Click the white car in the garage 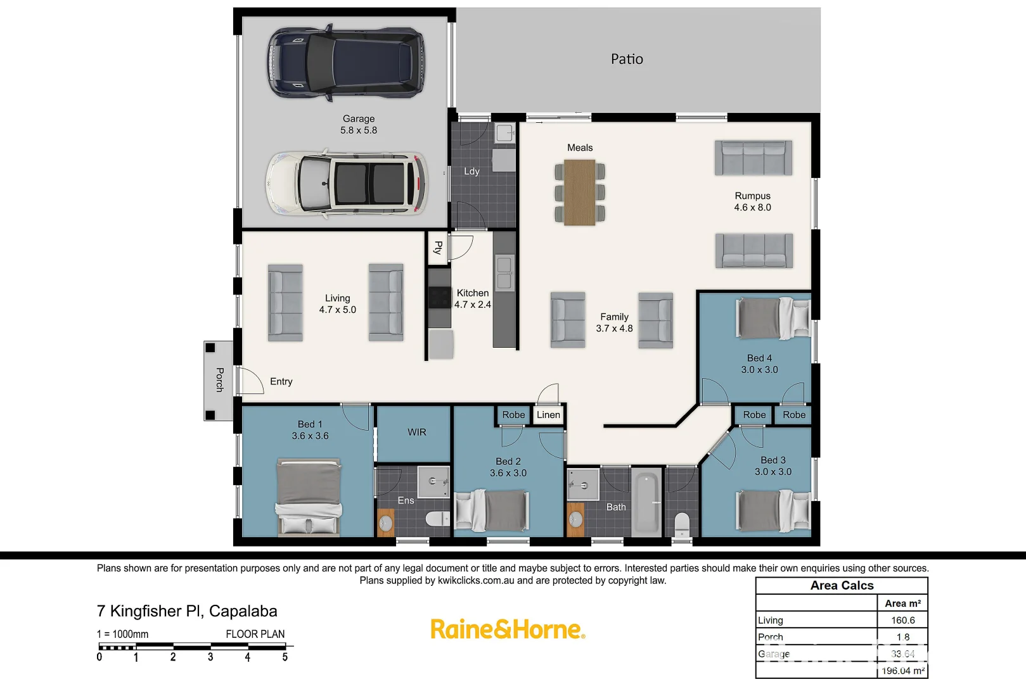point(346,184)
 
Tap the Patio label point(627,59)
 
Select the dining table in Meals point(579,192)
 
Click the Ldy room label point(471,172)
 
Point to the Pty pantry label point(437,248)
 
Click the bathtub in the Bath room point(646,502)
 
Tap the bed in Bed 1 point(309,497)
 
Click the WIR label point(416,432)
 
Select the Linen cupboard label point(548,415)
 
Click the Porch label point(219,379)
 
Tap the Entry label point(281,381)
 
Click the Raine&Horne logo point(508,629)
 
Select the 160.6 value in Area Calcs point(902,620)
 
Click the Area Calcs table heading point(842,585)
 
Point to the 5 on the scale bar point(285,657)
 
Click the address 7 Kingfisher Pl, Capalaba point(187,611)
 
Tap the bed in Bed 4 point(773,319)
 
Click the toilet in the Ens point(437,519)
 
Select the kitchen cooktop point(440,297)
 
